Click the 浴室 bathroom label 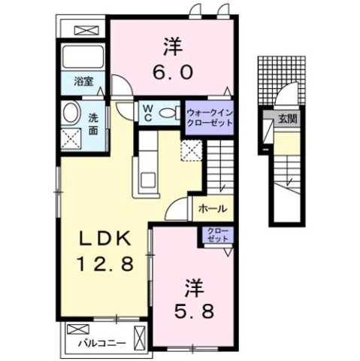(83, 81)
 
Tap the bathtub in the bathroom (83, 56)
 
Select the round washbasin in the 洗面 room (71, 113)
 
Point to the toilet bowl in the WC (168, 114)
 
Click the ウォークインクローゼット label (210, 117)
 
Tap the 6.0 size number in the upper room (173, 72)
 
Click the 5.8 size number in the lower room (194, 311)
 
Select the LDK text (105, 238)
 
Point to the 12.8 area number (105, 264)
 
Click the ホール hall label (213, 208)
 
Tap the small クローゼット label (218, 235)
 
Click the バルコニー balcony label (101, 343)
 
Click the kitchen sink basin (148, 180)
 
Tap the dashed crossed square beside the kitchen (192, 150)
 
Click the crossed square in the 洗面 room (71, 138)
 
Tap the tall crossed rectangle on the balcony (140, 335)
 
